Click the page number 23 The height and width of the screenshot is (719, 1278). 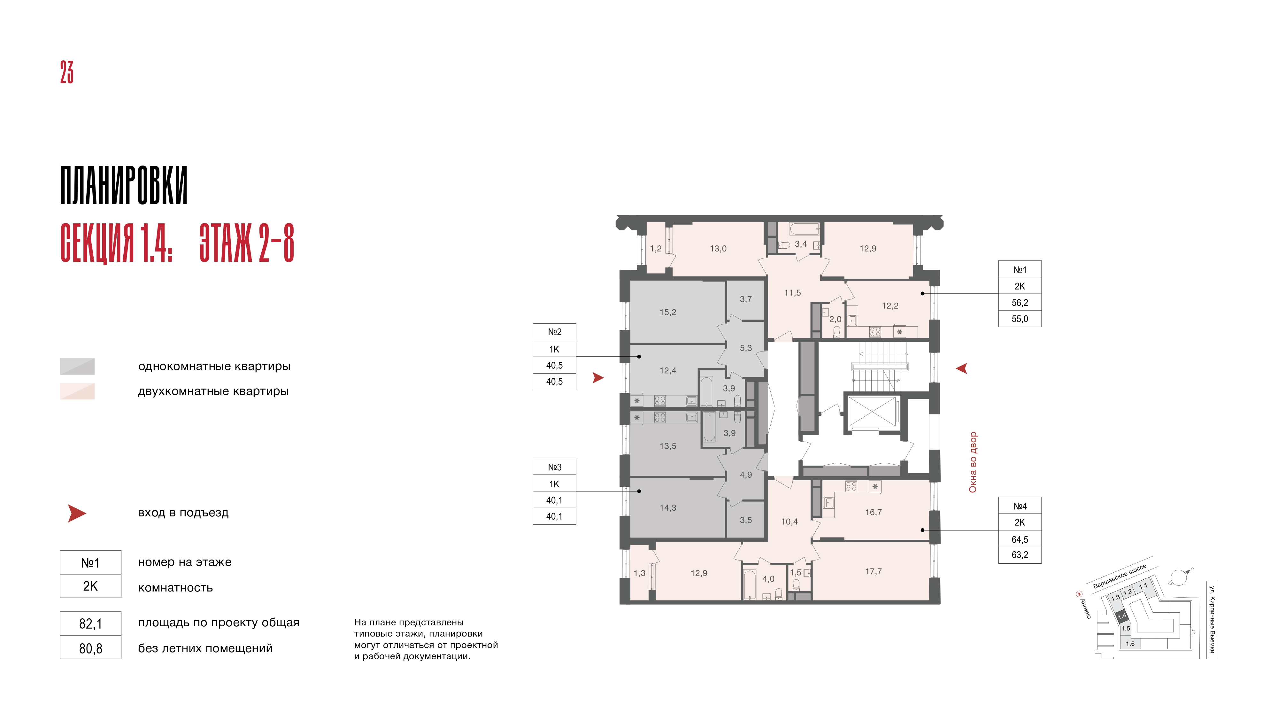pos(67,73)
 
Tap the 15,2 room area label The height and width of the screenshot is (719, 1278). pos(668,312)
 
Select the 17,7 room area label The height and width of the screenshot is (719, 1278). pos(874,572)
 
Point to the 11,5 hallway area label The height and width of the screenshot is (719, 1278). pos(792,293)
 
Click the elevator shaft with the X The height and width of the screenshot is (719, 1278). pos(872,411)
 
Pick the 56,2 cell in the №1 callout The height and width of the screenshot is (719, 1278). pos(1020,303)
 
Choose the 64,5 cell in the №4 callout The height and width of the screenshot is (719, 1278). pos(1020,539)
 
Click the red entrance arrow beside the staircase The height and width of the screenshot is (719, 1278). pos(961,368)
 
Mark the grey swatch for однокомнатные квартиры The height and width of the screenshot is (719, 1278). pos(77,366)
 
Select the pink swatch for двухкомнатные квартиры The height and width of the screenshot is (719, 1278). pos(77,391)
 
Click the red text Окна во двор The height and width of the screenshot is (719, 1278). pos(973,462)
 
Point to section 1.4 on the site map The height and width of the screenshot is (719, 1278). pos(1122,616)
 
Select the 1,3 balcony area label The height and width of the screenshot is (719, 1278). pos(640,573)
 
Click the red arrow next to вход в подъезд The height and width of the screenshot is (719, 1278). pos(77,514)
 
